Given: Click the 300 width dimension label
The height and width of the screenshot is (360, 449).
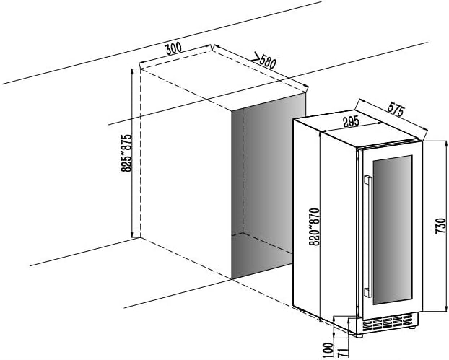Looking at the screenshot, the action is [x=173, y=48].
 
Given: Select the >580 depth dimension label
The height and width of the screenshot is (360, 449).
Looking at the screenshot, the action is [x=263, y=61].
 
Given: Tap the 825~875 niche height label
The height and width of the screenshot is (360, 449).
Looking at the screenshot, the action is [x=126, y=153].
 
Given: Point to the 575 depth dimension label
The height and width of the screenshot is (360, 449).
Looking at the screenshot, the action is [x=396, y=110].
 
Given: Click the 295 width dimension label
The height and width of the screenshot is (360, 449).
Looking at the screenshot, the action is [x=351, y=121].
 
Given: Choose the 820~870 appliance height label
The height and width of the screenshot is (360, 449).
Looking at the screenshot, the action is [x=314, y=227].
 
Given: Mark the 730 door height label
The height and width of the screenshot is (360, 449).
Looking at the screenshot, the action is [x=440, y=226].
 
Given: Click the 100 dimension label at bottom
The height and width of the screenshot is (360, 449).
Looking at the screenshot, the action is [x=329, y=350].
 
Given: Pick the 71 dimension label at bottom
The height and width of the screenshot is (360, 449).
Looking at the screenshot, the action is [x=342, y=352].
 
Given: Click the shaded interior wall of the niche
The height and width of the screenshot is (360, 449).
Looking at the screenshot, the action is [x=269, y=175].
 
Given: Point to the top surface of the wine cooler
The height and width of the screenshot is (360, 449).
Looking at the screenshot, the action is [x=358, y=128].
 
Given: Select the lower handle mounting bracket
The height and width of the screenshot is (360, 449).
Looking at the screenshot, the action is [x=367, y=293].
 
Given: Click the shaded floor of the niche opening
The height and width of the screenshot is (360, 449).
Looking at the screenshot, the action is [x=261, y=255].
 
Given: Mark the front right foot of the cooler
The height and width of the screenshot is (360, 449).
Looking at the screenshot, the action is [x=411, y=327].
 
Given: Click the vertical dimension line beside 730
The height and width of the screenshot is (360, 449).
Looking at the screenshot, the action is [x=445, y=226].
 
